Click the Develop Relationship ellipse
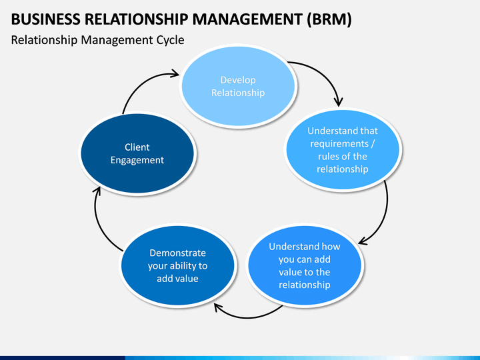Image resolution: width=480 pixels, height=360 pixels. pyautogui.click(x=238, y=86)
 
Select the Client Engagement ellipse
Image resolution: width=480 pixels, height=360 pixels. pyautogui.click(x=137, y=153)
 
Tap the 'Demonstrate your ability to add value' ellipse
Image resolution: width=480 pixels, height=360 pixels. pyautogui.click(x=177, y=265)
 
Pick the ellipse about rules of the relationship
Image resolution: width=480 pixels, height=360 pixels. pyautogui.click(x=343, y=150)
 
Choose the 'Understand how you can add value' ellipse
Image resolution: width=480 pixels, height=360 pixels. pyautogui.click(x=305, y=265)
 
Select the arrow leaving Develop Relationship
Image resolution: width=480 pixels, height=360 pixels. pyautogui.click(x=325, y=73)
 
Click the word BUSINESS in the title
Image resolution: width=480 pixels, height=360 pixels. pyautogui.click(x=45, y=19)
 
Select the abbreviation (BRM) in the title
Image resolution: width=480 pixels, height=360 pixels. pyautogui.click(x=329, y=19)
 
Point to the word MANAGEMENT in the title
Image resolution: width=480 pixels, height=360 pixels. pyautogui.click(x=247, y=19)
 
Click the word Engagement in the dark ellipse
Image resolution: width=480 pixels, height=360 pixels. pyautogui.click(x=137, y=160)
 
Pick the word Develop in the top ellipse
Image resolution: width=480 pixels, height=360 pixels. pyautogui.click(x=238, y=80)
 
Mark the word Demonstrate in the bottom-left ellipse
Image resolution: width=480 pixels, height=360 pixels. pyautogui.click(x=177, y=253)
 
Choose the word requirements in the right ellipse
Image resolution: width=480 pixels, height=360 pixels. pyautogui.click(x=339, y=144)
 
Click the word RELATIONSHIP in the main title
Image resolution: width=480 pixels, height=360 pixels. pyautogui.click(x=136, y=19)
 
